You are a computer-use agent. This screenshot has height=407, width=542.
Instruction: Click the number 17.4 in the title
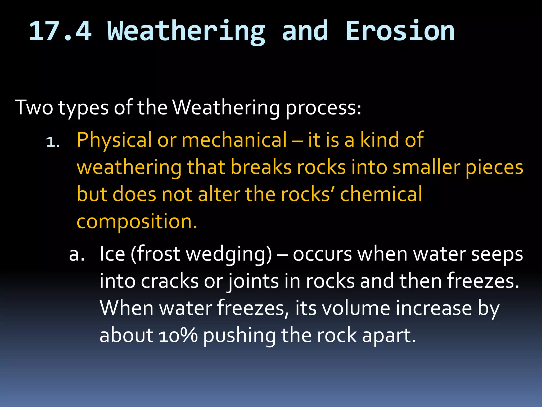click(60, 31)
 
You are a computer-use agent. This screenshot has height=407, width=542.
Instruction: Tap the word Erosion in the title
click(400, 31)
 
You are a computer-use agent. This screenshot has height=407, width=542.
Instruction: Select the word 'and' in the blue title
click(305, 31)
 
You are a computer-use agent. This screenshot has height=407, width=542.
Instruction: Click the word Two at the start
click(34, 108)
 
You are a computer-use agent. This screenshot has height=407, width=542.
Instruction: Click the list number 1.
click(53, 143)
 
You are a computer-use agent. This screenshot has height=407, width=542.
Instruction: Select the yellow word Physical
click(114, 140)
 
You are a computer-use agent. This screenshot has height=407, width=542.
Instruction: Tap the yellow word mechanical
click(234, 140)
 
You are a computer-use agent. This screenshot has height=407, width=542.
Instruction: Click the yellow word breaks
click(261, 167)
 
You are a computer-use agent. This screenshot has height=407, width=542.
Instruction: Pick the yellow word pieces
click(494, 168)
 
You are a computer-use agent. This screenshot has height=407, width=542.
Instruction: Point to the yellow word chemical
click(381, 194)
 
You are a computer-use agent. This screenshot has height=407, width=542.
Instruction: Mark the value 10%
click(178, 335)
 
